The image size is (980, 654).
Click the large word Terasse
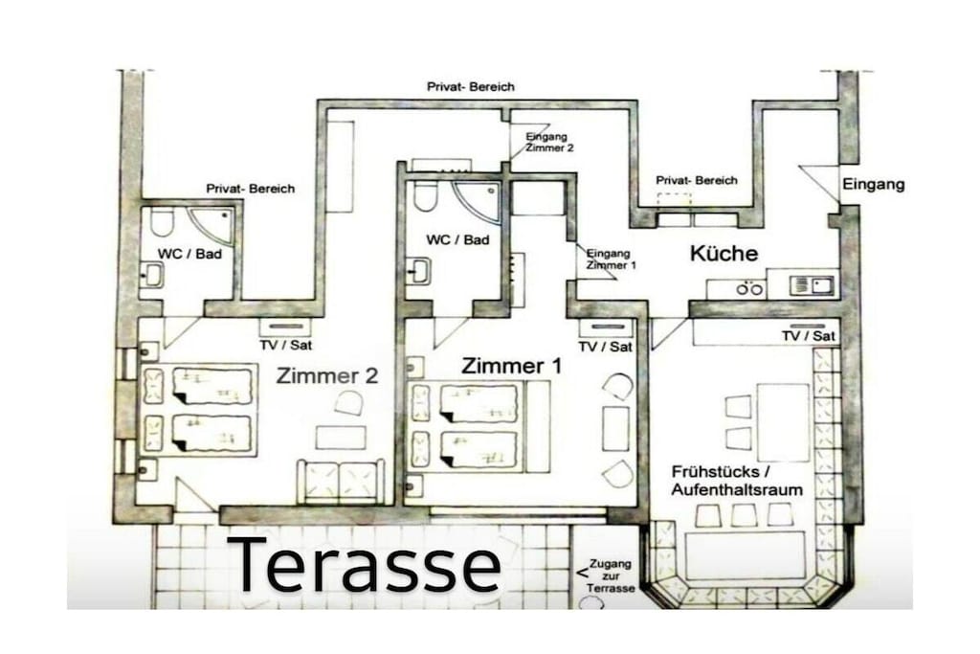point(365,565)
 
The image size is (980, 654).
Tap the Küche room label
point(724,253)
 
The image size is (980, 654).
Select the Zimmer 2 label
point(327,375)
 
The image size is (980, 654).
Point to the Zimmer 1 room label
point(511,366)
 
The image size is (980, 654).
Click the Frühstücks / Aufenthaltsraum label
point(736,480)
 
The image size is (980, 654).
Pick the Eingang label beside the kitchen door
point(873,185)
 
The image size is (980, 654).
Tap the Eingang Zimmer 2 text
point(548,142)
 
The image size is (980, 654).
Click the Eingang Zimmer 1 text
point(611,259)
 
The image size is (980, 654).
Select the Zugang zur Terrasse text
point(611,575)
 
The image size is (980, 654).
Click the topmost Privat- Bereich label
point(471,87)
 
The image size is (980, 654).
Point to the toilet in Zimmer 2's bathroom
point(161,222)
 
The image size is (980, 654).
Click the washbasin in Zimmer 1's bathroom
point(419,271)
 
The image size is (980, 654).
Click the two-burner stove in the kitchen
point(748,289)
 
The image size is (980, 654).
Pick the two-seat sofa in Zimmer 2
point(341,482)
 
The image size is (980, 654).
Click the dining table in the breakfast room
point(783,422)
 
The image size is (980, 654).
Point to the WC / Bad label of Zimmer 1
point(457,239)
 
